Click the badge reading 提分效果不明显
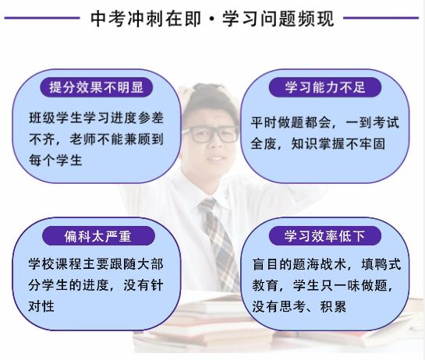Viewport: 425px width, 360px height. (97, 87)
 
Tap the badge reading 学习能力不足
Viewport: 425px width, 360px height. (325, 87)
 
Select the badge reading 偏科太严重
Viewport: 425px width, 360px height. (99, 236)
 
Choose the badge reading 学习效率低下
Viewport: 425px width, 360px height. (325, 236)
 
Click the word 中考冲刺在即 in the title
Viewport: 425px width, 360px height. (146, 19)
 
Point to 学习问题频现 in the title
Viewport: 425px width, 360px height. (278, 19)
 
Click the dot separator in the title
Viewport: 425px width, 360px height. (212, 19)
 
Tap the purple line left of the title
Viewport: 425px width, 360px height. (42, 18)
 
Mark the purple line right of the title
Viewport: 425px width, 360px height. (381, 18)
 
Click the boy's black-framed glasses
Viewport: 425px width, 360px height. (211, 134)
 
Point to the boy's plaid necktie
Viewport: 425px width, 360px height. (220, 244)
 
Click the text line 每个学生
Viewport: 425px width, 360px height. (55, 160)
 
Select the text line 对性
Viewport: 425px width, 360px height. (41, 306)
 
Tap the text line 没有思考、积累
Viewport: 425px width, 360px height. (299, 307)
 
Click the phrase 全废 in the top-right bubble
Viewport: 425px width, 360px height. (264, 143)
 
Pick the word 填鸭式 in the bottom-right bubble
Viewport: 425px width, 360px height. (381, 264)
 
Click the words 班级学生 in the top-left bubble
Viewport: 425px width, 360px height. (55, 118)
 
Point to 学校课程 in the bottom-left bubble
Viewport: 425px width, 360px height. (55, 264)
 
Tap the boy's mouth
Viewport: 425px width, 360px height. (214, 159)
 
